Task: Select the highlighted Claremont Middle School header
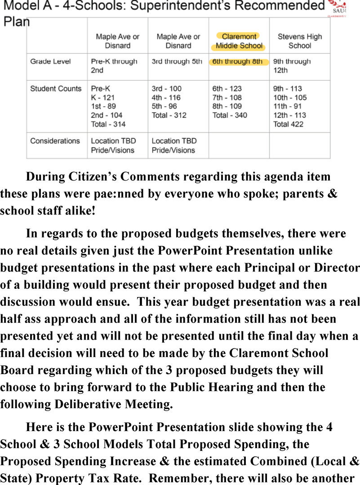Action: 239,41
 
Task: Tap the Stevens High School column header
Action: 299,41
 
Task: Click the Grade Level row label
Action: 50,62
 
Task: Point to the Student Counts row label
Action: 56,88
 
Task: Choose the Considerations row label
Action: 55,141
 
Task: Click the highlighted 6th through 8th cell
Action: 238,62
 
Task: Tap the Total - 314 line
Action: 108,124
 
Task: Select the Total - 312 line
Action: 169,115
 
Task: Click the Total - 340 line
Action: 230,115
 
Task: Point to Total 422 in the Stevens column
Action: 289,124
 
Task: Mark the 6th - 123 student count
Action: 227,88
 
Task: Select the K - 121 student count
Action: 103,97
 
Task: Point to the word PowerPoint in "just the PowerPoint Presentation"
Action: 188,251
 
